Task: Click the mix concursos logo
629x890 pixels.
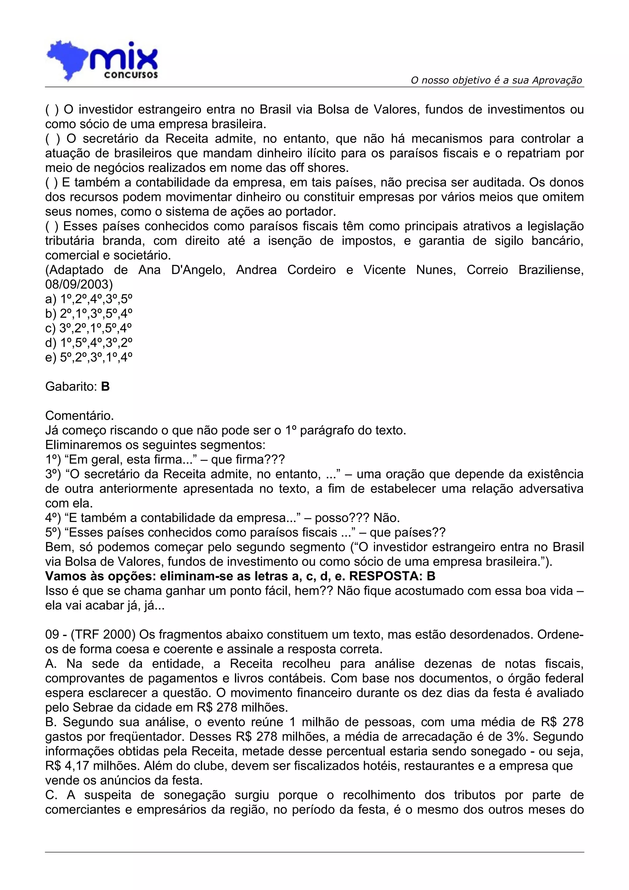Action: (x=102, y=61)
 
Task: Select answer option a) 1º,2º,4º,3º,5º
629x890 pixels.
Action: (x=89, y=299)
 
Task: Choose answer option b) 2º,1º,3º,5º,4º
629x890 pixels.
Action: (x=89, y=314)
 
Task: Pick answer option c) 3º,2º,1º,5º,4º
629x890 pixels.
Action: (x=89, y=328)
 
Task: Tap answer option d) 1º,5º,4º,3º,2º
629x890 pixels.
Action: (x=89, y=343)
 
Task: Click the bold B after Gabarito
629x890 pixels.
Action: (x=105, y=386)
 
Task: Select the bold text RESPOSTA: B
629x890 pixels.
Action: (x=392, y=576)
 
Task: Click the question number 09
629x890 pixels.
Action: (x=52, y=634)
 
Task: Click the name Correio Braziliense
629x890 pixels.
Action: (x=525, y=270)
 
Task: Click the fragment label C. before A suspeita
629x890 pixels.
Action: (x=51, y=795)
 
